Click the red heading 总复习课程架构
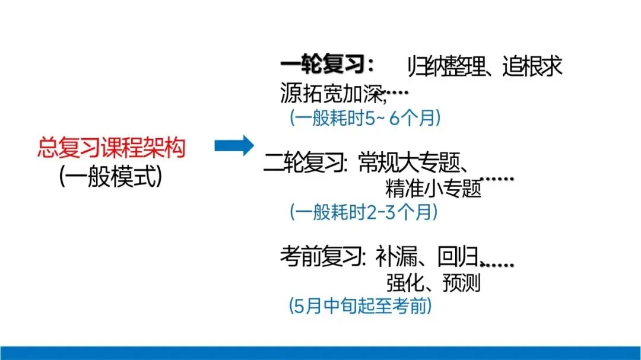click(x=111, y=148)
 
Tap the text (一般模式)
click(x=111, y=176)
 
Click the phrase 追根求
click(x=532, y=67)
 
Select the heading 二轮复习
click(x=305, y=163)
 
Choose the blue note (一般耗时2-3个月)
click(x=364, y=212)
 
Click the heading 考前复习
click(x=321, y=257)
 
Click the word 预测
click(x=461, y=283)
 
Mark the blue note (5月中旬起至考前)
click(x=360, y=307)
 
